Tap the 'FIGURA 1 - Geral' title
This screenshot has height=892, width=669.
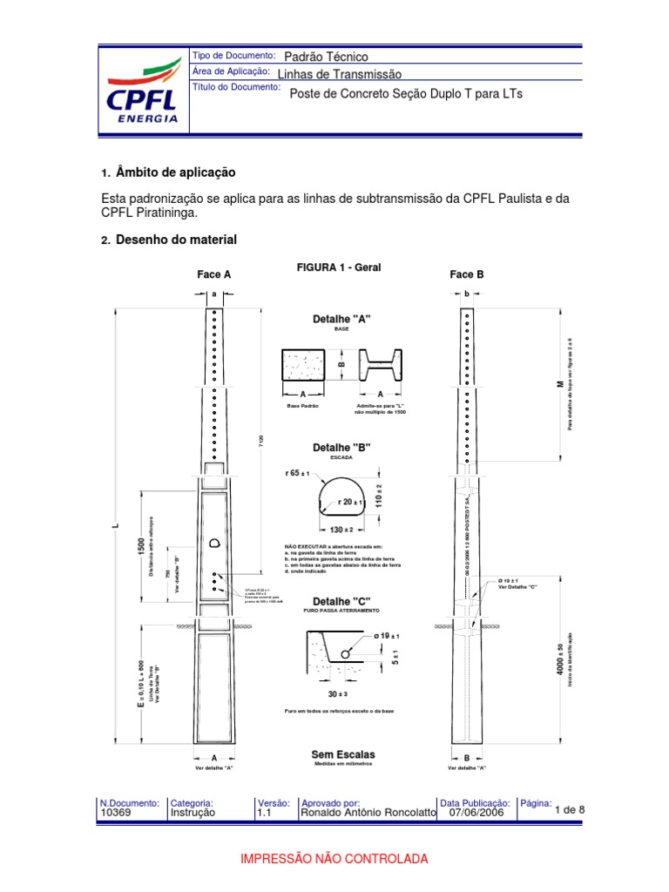[340, 267]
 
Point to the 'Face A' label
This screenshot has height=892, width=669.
[214, 274]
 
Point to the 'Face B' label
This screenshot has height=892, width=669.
[467, 274]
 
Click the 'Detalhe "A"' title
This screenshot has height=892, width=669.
[341, 319]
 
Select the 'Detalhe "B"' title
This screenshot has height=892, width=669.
[341, 447]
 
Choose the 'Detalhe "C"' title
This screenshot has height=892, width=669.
[341, 602]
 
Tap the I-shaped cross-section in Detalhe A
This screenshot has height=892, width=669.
[381, 365]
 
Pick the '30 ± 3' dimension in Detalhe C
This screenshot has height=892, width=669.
[337, 693]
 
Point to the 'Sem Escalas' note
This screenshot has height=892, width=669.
[342, 754]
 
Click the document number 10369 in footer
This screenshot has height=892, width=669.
[114, 813]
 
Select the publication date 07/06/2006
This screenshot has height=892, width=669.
[476, 813]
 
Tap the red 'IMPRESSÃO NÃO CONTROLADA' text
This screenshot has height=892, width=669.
[334, 859]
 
